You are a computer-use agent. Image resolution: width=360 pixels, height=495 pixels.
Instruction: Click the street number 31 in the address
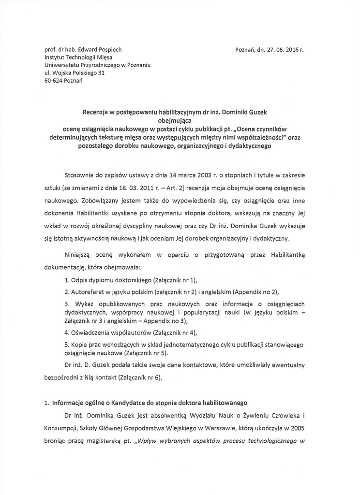(x=101, y=73)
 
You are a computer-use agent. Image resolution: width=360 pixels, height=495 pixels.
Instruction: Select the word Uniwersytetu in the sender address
(x=63, y=65)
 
